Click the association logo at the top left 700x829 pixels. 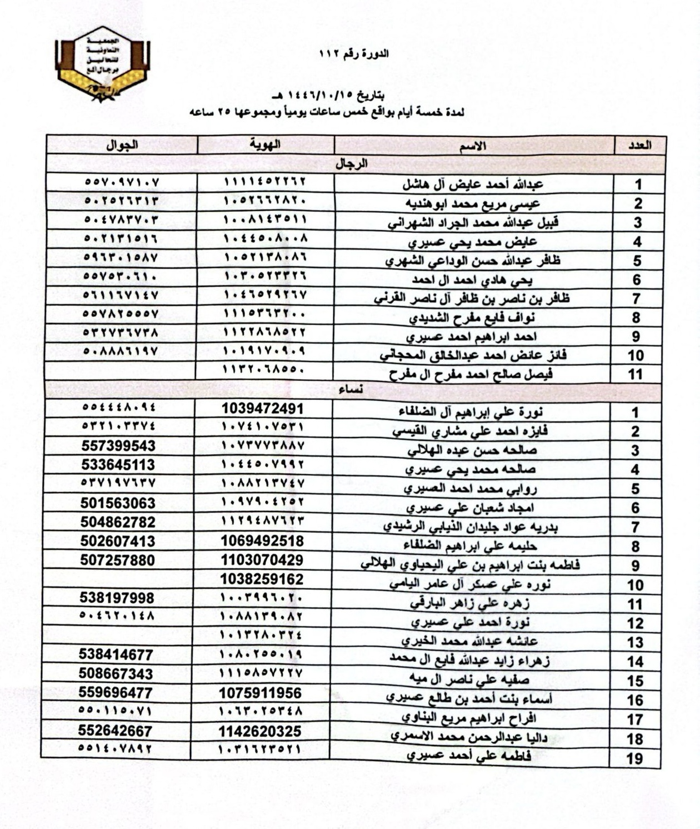pos(103,66)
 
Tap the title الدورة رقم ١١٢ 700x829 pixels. pos(354,54)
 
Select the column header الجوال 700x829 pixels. pos(122,145)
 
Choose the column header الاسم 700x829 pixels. pos(472,146)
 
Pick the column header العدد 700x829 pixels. pos(639,146)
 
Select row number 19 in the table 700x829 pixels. pos(635,758)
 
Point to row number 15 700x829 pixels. pos(635,681)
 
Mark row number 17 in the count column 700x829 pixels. pos(635,719)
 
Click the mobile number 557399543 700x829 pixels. pos(118,446)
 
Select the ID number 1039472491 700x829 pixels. pos(262,409)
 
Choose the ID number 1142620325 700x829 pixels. pos(261,731)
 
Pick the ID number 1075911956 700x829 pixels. pos(261,693)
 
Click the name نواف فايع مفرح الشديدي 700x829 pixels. pos(473,318)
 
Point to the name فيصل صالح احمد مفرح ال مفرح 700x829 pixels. pos(471,374)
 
